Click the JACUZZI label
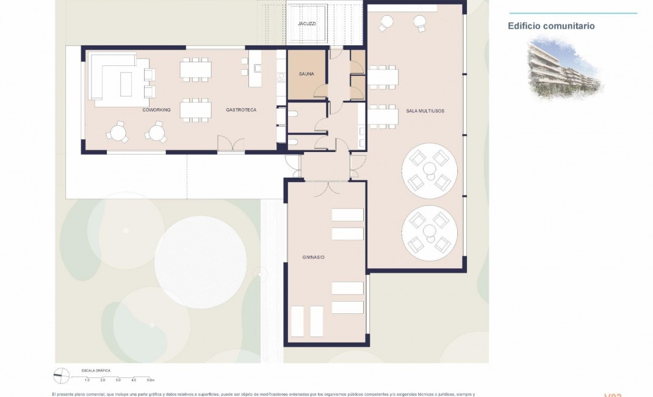point(306,23)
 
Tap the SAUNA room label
point(306,75)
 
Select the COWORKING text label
point(156,110)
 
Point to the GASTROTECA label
point(241,110)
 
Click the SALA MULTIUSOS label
point(425,111)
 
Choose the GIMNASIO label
point(313,258)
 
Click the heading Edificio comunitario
point(551,26)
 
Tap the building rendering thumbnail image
point(565,68)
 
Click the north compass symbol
point(62,376)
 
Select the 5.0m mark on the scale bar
point(150,381)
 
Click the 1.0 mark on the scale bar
point(87,381)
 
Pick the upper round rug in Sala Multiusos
point(430,168)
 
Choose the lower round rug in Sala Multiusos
point(430,231)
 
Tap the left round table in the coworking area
point(117,131)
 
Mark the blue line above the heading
point(572,13)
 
